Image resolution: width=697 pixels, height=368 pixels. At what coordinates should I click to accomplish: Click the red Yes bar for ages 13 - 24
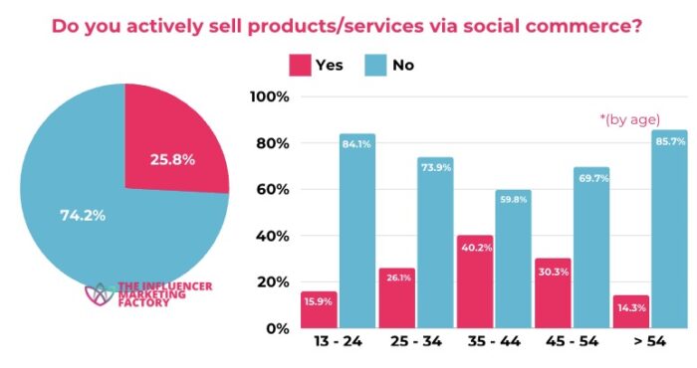click(x=320, y=309)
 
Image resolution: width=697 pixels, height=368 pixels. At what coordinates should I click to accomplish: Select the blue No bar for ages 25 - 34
click(x=436, y=243)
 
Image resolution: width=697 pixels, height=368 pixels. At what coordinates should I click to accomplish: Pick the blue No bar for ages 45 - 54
click(x=591, y=248)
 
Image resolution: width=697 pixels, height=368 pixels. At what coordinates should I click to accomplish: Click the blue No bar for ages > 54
click(x=669, y=229)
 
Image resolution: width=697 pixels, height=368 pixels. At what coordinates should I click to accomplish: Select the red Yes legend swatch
click(x=299, y=66)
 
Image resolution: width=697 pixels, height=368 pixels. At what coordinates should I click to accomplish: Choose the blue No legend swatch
click(x=375, y=66)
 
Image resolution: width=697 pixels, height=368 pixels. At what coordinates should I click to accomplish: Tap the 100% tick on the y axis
click(x=270, y=97)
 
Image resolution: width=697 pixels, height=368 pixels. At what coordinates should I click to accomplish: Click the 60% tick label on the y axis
click(x=272, y=190)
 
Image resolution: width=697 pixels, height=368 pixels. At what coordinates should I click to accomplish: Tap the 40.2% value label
click(x=476, y=250)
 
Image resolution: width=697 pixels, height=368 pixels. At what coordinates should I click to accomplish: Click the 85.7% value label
click(x=669, y=141)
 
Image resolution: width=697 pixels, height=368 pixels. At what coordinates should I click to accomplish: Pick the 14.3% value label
click(x=630, y=309)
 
